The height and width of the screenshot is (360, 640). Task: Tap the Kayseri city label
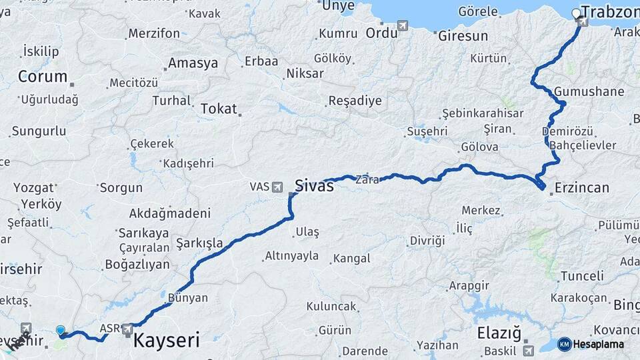coord(167,341)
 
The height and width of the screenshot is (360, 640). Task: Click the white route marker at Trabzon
coord(576,13)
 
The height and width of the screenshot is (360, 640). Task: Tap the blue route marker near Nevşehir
coord(61,330)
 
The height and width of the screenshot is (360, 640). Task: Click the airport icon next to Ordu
coord(403,25)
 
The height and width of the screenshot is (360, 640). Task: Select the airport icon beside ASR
coord(127,329)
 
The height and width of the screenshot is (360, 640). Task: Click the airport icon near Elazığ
coord(529,349)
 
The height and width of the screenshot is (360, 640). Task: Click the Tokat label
coord(219,109)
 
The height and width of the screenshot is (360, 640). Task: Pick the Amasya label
coord(193,63)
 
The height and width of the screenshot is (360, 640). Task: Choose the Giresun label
coord(463,36)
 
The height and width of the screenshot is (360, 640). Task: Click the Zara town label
coord(367,179)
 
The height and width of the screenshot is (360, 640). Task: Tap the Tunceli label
coord(582,276)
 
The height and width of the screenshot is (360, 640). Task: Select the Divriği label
coord(427,241)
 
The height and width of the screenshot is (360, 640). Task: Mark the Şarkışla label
coord(199,243)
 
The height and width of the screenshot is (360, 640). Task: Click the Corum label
coord(43,76)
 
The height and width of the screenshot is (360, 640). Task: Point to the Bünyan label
coord(187,298)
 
